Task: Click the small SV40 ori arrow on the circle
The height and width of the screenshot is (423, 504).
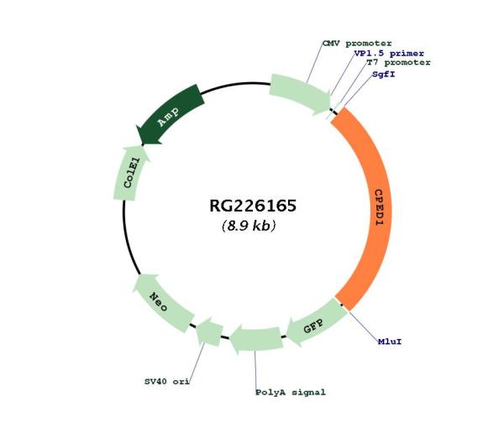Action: (208, 333)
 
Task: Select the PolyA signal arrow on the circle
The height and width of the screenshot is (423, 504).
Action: (256, 340)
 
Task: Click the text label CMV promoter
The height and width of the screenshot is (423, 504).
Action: (356, 42)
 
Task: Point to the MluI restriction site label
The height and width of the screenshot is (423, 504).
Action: (389, 341)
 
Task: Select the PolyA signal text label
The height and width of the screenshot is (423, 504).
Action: (289, 392)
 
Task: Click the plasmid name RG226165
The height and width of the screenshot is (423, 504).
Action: (253, 206)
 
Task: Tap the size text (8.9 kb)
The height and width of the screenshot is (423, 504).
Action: (249, 227)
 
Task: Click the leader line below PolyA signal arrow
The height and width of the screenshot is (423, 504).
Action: (256, 369)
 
